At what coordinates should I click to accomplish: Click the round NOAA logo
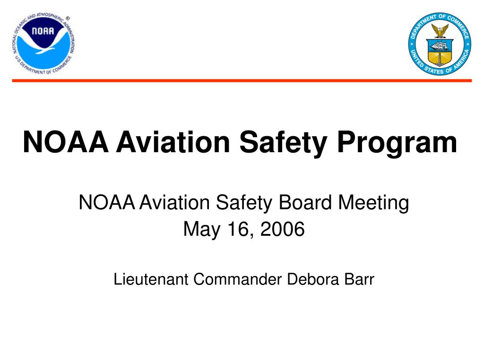(x=43, y=43)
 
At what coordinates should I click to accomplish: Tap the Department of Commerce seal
(x=440, y=43)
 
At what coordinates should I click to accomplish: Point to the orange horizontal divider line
(x=242, y=81)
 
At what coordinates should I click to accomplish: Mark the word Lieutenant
(x=151, y=279)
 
